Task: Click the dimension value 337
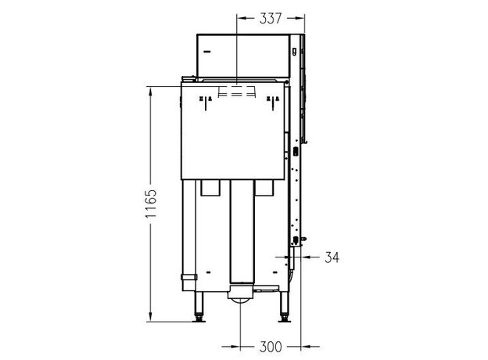coord(271,18)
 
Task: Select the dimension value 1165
coord(151,203)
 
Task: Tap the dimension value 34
coord(332,257)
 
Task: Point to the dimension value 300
coord(271,347)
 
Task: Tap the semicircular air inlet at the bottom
coord(241,300)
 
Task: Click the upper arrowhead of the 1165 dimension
coord(151,92)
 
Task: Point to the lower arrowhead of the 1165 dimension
coord(151,316)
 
